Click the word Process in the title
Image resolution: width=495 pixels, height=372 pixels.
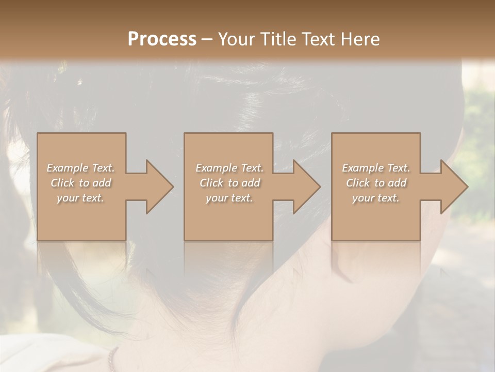point(162,39)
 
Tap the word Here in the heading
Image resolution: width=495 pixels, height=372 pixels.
point(361,39)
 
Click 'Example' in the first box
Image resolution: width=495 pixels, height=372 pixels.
point(67,168)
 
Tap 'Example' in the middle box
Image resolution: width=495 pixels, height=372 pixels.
point(216,168)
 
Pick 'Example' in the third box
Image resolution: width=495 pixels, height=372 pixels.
point(362,168)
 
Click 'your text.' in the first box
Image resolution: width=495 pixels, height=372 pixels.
point(80,198)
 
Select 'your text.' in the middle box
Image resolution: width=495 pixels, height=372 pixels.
point(229,198)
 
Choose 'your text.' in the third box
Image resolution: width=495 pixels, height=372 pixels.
point(375,198)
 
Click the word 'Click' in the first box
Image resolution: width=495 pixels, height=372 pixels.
point(62,183)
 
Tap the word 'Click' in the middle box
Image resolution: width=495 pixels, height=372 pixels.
point(211,183)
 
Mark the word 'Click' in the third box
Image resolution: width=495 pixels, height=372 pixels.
point(358,183)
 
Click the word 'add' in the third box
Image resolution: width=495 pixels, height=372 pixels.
point(397,183)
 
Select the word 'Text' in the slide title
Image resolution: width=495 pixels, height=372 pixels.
point(319,39)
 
